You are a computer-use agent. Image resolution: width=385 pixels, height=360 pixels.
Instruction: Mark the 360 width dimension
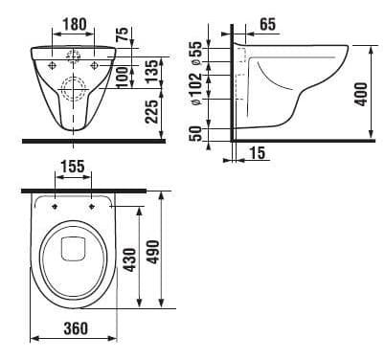pyautogui.click(x=73, y=330)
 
